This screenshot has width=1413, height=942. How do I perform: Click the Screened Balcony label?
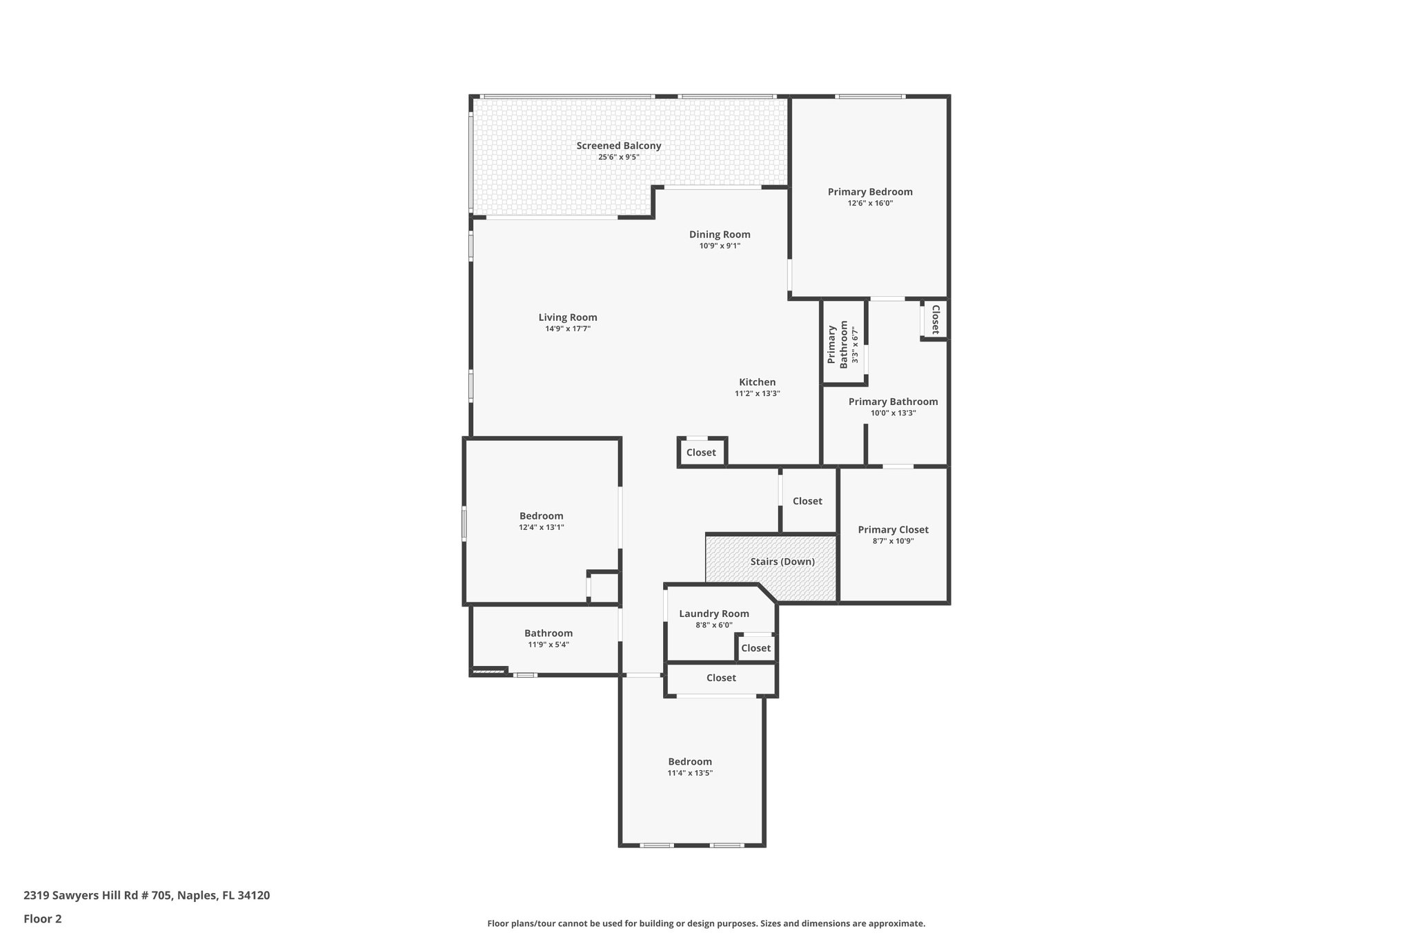click(x=618, y=146)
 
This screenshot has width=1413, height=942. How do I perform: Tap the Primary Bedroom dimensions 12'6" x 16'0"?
click(x=870, y=204)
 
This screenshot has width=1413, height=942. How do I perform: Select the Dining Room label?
click(x=719, y=235)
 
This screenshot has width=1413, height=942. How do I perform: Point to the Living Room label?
click(x=567, y=317)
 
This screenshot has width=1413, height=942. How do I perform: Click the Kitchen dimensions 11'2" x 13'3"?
click(x=757, y=394)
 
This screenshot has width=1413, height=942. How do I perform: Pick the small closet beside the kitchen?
click(x=701, y=453)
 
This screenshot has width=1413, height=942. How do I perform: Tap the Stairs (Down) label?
click(x=782, y=562)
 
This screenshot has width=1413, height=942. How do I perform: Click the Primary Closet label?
click(x=893, y=530)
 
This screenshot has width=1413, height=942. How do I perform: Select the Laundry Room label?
click(x=713, y=614)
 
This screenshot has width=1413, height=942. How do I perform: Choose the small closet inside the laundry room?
click(x=755, y=648)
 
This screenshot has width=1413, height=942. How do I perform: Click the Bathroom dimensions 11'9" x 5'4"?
click(x=549, y=645)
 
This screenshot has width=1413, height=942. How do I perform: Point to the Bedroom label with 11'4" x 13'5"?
click(x=689, y=762)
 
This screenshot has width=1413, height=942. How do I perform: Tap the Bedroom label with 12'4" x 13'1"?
click(x=541, y=516)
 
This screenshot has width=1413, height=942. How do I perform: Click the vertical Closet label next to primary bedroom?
click(x=936, y=320)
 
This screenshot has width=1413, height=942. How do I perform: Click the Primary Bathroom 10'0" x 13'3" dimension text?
click(x=893, y=413)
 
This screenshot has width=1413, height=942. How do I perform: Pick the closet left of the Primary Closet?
click(x=807, y=501)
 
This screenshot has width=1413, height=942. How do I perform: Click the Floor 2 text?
click(x=43, y=919)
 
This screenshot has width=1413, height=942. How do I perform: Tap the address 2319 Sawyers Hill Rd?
click(x=146, y=896)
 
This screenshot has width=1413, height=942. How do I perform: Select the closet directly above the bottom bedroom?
click(x=721, y=678)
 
